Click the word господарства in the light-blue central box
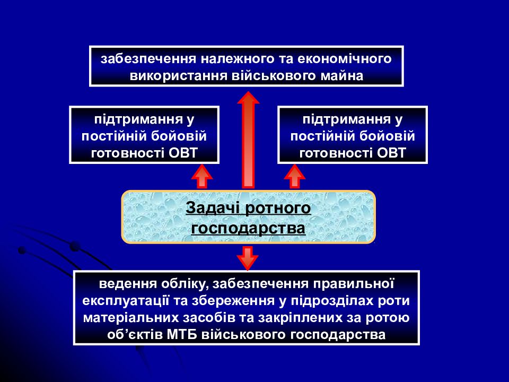(x=248, y=228)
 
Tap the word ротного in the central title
(x=278, y=209)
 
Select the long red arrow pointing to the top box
(x=248, y=140)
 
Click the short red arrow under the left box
(x=202, y=176)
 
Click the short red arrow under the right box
(x=294, y=176)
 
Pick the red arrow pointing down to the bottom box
(x=248, y=258)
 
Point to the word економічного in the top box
(x=345, y=59)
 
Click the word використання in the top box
(x=178, y=76)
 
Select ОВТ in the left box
(x=183, y=153)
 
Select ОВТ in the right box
(x=391, y=153)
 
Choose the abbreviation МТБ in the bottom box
(x=182, y=335)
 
